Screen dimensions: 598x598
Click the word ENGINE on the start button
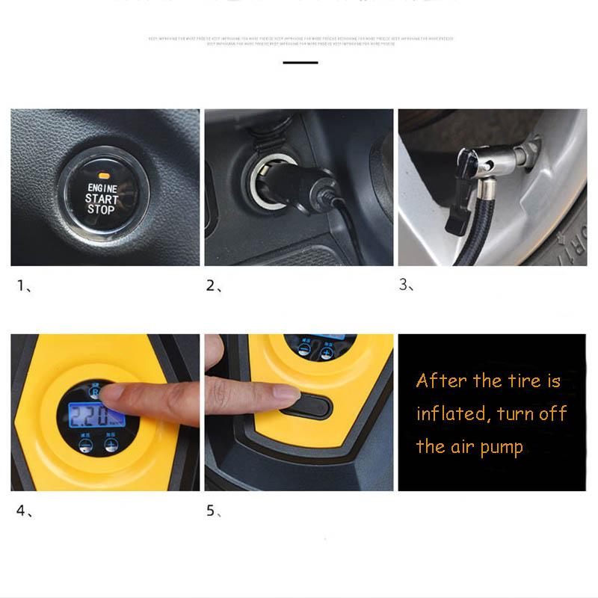tap(102, 188)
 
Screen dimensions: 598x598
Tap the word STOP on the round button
tap(101, 210)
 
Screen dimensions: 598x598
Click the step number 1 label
tap(21, 286)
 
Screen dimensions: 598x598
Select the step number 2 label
tap(211, 286)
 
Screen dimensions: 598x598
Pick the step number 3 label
tap(404, 286)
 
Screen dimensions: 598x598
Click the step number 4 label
tap(21, 511)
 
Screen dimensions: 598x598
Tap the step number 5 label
tap(211, 511)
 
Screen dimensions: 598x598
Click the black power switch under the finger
tap(306, 406)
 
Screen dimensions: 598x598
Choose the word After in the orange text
tap(441, 380)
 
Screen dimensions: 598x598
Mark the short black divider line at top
tap(300, 63)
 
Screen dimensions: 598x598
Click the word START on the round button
tap(102, 199)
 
